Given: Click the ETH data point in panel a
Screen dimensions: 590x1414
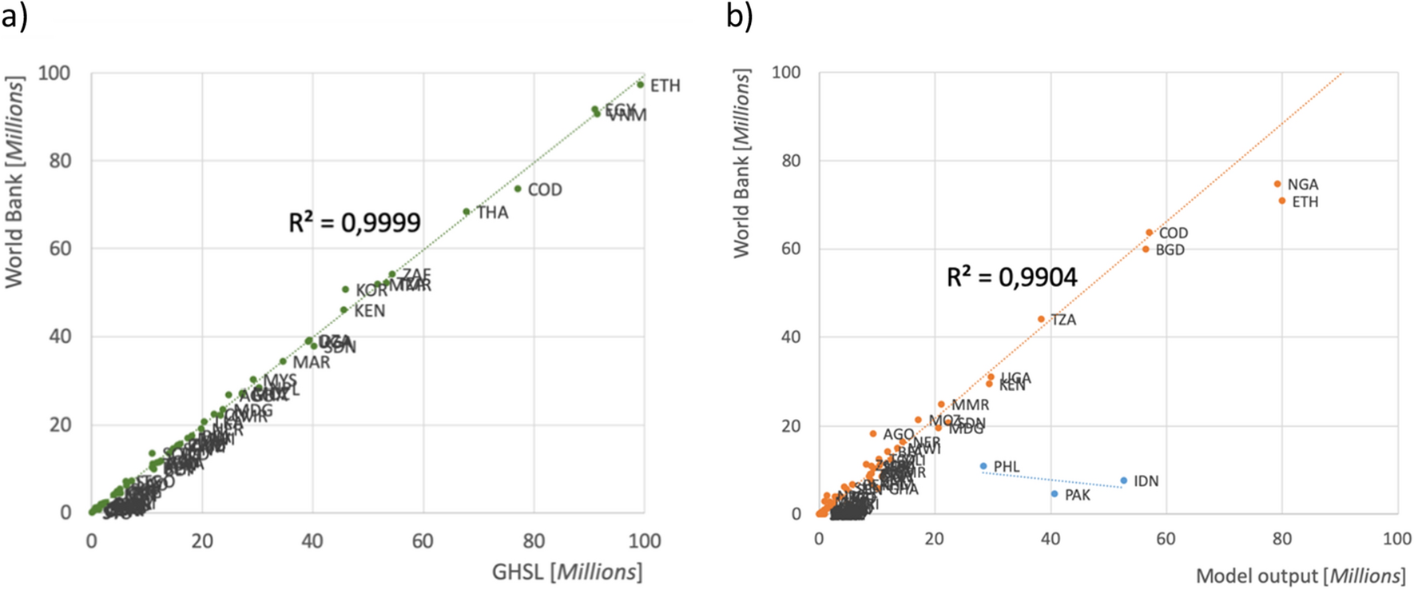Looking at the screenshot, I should (640, 84).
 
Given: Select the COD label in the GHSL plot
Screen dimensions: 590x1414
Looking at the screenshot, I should (545, 190).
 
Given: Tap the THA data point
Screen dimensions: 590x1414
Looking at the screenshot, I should (467, 212).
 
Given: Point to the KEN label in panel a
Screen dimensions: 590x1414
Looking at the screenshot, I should (369, 311).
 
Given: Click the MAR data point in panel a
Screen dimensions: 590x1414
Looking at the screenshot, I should (283, 361).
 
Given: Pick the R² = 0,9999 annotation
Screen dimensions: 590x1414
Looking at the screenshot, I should (355, 222).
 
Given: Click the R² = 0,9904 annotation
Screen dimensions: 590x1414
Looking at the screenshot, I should (1011, 277).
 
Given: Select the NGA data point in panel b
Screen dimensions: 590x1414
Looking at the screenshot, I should (1277, 184).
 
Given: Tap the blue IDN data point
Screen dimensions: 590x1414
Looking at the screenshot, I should (1123, 481).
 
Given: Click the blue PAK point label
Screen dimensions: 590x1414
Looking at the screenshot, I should (1077, 496).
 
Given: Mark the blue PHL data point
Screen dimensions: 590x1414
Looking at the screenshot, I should (983, 466).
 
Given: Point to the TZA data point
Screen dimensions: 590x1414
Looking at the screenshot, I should (1041, 319).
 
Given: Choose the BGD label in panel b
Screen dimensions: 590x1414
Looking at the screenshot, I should (1170, 250).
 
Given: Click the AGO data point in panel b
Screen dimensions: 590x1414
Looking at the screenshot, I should (873, 434).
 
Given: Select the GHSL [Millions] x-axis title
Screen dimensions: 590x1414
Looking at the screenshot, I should (567, 572).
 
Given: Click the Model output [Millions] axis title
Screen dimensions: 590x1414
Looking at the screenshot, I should (1301, 576).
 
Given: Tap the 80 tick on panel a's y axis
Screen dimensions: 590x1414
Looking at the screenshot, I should (61, 161).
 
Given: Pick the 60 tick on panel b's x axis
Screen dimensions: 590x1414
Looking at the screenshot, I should (1166, 539).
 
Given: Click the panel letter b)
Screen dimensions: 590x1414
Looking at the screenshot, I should (739, 15).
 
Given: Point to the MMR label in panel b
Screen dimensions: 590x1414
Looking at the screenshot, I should (970, 405).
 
